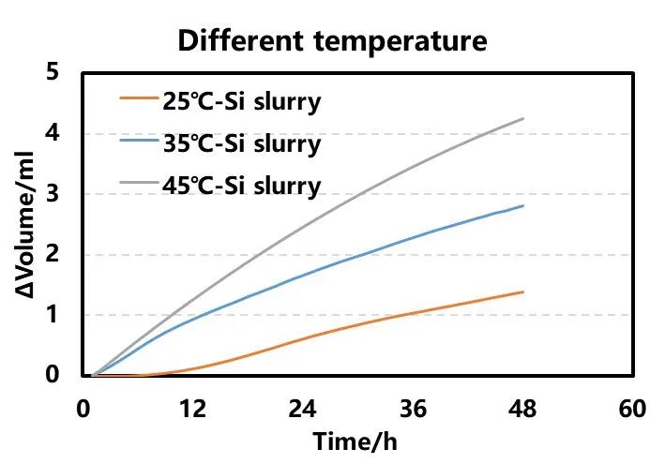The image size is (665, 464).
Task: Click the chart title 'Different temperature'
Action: [333, 40]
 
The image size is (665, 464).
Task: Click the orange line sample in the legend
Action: [140, 97]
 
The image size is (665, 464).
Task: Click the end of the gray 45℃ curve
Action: [522, 118]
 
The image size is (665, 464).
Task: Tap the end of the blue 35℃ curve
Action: [522, 205]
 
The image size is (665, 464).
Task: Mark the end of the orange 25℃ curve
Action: [522, 292]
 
